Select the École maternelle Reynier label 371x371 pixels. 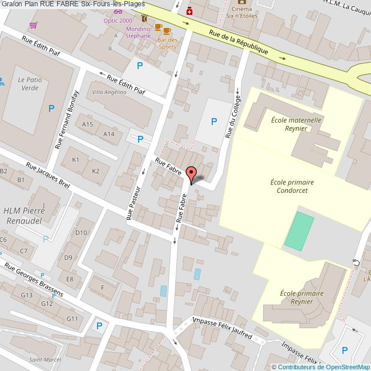[297, 124]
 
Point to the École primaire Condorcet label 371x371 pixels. [292, 186]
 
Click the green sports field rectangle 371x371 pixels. [299, 231]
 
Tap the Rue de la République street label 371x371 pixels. [238, 42]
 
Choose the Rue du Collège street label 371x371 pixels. [233, 116]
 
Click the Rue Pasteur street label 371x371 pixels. [133, 202]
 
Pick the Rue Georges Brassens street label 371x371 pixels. [34, 280]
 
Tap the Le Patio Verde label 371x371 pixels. [28, 84]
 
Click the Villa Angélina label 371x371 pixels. [109, 92]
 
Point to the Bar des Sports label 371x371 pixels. [167, 43]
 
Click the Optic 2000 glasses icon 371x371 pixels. [118, 11]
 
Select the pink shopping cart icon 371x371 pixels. [34, 26]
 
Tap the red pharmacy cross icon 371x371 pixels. [189, 11]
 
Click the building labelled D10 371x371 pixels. [81, 232]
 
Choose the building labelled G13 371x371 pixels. [26, 295]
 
